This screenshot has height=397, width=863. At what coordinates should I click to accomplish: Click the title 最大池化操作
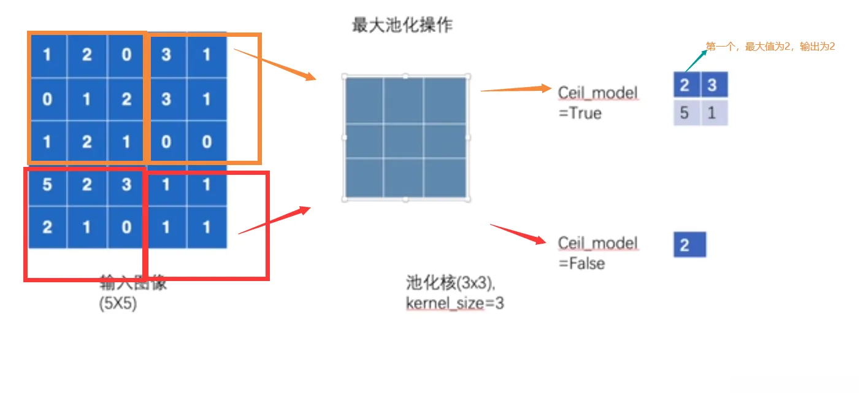402,26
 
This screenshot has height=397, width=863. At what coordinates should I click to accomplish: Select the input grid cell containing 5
47,185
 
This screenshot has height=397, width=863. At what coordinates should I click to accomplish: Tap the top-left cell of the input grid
47,55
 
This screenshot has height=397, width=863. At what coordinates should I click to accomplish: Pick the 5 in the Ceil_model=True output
685,113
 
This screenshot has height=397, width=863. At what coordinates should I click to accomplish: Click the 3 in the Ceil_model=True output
712,85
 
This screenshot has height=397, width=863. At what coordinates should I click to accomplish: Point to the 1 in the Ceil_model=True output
713,113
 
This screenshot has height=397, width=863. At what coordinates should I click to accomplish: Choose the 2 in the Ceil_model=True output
685,85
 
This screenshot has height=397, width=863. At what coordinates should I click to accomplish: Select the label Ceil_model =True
596,102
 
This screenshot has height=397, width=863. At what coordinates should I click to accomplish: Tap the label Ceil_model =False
597,253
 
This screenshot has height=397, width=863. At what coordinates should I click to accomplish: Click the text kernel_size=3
454,303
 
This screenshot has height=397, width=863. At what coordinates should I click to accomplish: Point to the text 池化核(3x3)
450,283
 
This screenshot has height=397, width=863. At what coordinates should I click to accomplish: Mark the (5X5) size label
118,303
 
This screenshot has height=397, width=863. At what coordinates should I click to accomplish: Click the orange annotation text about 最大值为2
770,47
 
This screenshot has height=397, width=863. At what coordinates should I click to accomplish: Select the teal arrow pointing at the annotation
694,61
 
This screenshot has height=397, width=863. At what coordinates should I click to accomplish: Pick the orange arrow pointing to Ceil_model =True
515,90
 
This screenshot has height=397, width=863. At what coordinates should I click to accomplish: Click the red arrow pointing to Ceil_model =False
518,234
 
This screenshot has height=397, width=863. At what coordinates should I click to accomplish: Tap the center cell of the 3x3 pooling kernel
405,138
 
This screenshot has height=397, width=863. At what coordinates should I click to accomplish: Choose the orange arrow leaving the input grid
274,64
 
